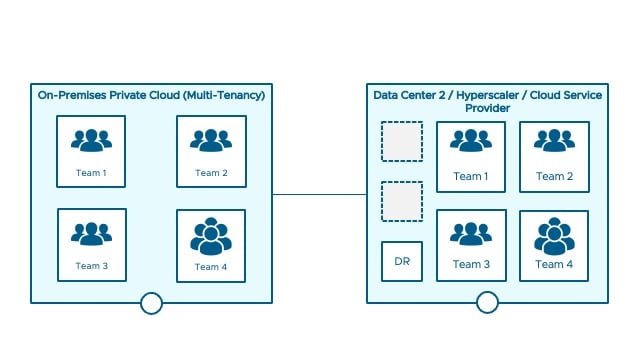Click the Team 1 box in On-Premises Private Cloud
[91, 151]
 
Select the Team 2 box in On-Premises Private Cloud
[211, 151]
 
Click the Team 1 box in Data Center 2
[470, 156]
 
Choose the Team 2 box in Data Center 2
[553, 156]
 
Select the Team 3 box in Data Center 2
[470, 245]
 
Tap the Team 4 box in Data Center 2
[553, 245]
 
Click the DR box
[402, 261]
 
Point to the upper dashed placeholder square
[402, 142]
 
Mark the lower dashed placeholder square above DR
[402, 201]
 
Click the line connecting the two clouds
[319, 195]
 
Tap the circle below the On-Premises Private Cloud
[151, 303]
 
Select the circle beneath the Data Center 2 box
[487, 303]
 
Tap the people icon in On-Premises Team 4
[211, 236]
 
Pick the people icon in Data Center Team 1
[470, 142]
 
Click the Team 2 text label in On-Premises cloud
[211, 173]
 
